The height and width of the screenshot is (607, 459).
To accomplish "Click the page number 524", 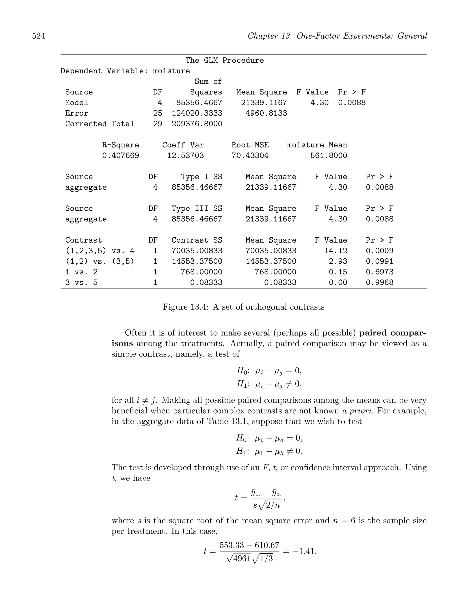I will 39,36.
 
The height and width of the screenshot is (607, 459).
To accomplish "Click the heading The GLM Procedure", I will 224,60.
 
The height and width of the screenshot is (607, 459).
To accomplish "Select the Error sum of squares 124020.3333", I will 197,113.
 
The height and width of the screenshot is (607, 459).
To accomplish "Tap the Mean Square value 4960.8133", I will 266,113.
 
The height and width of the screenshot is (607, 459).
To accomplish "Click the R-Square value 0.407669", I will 121,156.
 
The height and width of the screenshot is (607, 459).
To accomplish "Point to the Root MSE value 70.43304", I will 250,156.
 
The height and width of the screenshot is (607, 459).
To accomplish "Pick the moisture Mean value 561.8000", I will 329,156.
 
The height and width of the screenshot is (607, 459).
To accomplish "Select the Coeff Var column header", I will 183,145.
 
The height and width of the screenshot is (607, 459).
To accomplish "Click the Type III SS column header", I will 197,209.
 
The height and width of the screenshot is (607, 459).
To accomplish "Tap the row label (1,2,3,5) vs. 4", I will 100,251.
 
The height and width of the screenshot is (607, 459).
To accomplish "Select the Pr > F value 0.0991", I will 379,261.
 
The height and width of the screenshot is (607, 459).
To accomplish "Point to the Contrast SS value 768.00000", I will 201,272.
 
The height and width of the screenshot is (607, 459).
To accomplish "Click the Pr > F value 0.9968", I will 379,282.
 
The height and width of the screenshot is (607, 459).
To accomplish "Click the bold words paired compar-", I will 393,333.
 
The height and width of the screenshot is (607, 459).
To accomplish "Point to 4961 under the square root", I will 242,558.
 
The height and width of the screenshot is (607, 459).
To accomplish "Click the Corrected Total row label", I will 100,124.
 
